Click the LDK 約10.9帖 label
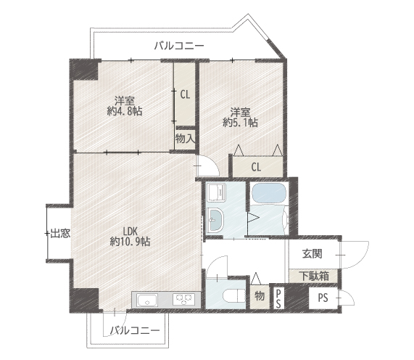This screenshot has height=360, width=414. pos(131,237)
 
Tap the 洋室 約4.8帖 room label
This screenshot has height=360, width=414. pos(125,106)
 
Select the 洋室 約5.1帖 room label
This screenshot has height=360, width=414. pos(241,118)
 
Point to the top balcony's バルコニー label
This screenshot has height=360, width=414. pos(179,46)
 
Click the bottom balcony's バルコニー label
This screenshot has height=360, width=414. pos(135,330)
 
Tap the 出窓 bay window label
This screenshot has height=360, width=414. pos(60,234)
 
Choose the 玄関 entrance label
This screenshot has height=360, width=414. pos(312,254)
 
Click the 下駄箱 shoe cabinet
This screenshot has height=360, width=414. pos(313,276)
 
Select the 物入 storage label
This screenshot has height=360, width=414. pos(185,138)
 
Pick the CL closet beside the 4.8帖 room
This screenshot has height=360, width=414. pos(185,94)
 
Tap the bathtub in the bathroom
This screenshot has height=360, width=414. pos(269,193)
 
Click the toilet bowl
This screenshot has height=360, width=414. pos(234,296)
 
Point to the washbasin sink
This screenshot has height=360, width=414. pos(215,220)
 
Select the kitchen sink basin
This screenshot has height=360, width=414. pos(146,300)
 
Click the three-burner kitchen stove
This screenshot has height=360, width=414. pos(184,300)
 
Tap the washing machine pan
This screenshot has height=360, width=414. pos(217,192)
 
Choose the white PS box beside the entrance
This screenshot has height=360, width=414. pos(323,298)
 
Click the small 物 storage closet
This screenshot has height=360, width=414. pos(260,297)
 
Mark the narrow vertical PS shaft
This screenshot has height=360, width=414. pos(278,298)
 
